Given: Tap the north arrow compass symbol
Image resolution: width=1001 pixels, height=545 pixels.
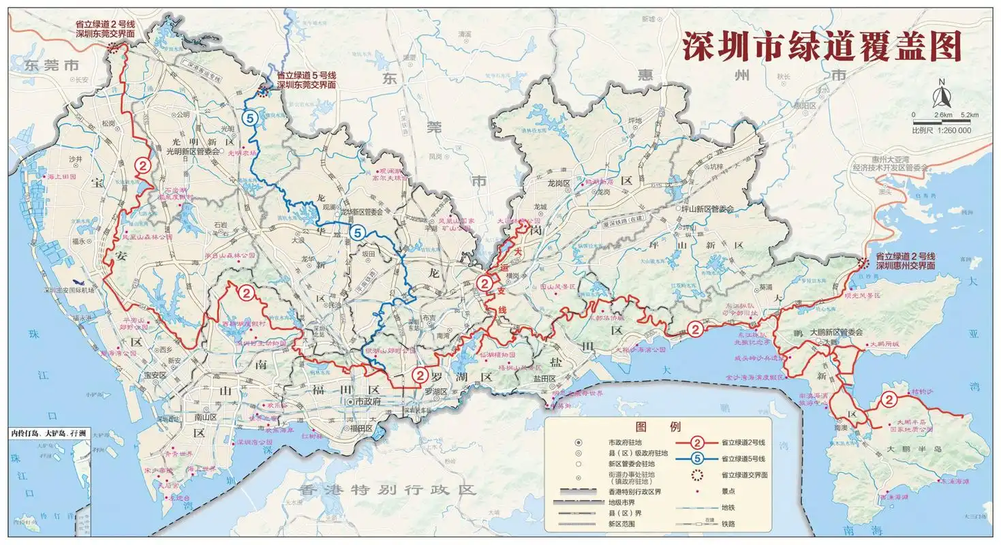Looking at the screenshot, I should click(941, 92).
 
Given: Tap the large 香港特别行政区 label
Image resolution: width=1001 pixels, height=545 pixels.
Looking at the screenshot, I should click(388, 489).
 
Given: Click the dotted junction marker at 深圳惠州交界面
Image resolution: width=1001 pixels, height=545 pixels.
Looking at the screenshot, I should click(864, 264).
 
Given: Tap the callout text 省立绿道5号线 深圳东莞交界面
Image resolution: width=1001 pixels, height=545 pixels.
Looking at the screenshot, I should click(306, 80).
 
